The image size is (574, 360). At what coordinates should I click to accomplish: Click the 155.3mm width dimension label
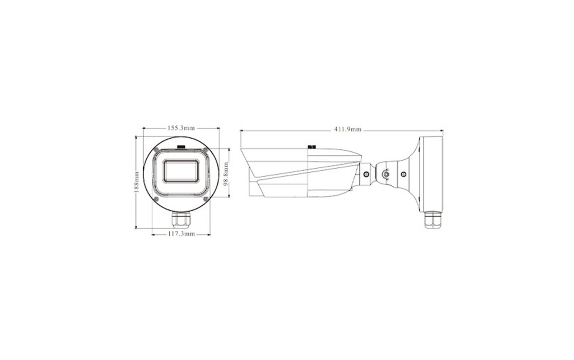click(181, 128)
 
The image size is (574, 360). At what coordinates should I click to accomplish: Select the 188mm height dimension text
click(136, 182)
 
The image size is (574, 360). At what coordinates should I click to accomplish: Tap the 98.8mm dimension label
click(226, 174)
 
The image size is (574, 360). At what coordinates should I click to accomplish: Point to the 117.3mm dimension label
click(182, 234)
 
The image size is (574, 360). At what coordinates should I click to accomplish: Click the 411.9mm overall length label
click(348, 130)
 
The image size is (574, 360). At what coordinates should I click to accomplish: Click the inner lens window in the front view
click(181, 171)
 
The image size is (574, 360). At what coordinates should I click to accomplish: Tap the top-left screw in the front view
click(156, 150)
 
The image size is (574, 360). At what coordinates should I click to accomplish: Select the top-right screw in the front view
click(205, 150)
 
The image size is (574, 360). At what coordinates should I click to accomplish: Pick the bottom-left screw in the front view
click(156, 199)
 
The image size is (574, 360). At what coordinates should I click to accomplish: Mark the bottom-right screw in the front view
click(205, 199)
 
